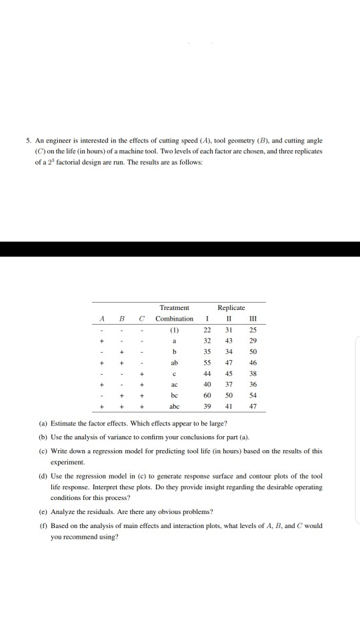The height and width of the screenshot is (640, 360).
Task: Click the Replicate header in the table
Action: [x=231, y=307]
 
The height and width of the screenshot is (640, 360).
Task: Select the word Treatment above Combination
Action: [x=174, y=307]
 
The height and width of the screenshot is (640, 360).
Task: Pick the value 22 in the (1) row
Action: [x=207, y=329]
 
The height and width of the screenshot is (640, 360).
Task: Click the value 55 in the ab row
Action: [x=207, y=361]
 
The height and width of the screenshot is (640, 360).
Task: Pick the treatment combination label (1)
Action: [x=174, y=329]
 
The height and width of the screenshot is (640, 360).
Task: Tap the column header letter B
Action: [x=122, y=319]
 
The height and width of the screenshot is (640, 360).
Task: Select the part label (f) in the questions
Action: [x=44, y=525]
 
